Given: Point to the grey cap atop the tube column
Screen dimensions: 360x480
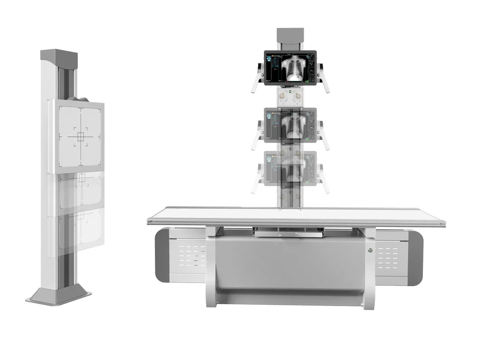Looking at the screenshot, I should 290,36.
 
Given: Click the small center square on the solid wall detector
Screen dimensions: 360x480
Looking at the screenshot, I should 81,136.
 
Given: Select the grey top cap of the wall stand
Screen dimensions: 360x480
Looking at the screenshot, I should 59,57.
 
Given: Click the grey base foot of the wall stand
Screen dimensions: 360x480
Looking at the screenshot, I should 59,296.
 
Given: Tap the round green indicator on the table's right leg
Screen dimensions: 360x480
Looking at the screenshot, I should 370,250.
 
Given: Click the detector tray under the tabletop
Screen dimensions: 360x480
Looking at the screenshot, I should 289,233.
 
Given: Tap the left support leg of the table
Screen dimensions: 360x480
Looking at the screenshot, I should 211,267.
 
